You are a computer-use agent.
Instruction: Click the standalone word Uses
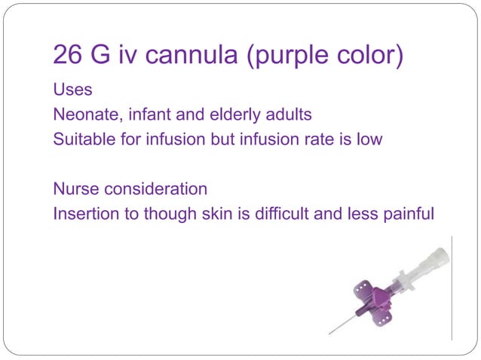(72, 90)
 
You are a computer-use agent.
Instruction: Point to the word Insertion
(85, 214)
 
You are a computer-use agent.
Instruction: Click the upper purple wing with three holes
(365, 289)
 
